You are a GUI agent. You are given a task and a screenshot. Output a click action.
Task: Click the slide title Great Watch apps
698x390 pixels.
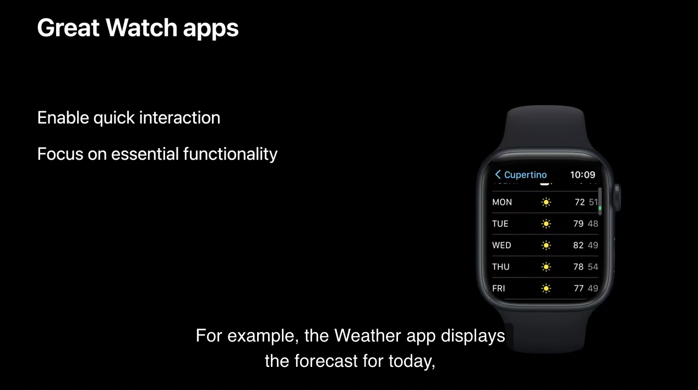pos(138,29)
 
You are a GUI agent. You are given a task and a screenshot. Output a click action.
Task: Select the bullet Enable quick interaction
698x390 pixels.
pos(129,118)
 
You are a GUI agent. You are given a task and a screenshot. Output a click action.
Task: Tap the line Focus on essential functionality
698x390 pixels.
pos(157,154)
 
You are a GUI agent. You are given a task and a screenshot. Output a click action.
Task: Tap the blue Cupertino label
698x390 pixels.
pos(525,175)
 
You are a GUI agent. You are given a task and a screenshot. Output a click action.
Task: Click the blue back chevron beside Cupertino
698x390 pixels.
pos(498,175)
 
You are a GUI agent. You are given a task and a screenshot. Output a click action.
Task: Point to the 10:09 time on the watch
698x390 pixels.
pos(582,175)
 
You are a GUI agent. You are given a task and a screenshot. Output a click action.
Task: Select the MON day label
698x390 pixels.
pos(502,202)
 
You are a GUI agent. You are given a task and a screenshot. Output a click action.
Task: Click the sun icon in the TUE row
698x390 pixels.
pos(546,224)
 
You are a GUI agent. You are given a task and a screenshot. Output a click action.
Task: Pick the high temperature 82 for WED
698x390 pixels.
pos(578,245)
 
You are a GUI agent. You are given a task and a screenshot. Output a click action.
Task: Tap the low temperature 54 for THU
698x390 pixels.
pos(593,267)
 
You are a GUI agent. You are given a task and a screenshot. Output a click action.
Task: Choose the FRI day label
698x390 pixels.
pos(499,289)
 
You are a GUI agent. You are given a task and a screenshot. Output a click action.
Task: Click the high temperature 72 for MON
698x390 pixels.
pos(580,202)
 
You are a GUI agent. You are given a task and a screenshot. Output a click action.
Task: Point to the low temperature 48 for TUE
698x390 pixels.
pos(593,224)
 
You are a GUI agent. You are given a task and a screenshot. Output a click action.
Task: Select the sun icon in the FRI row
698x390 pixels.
pos(546,289)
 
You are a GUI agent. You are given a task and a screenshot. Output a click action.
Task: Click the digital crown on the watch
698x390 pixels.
pos(617,197)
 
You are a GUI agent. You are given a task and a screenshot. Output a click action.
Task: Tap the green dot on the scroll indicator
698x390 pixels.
pos(600,208)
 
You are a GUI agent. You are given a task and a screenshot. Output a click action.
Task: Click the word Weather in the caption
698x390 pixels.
pos(368,336)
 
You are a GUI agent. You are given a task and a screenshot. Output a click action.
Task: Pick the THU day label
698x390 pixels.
pos(501,267)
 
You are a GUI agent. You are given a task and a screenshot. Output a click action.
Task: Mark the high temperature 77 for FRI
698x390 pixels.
pos(579,289)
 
